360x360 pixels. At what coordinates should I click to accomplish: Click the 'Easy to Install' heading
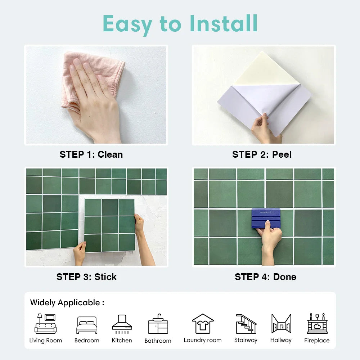(180, 24)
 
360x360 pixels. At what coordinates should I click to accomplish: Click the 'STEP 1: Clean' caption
(91, 154)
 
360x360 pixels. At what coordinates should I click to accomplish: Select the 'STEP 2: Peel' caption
(262, 154)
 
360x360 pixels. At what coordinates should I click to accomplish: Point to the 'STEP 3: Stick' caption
(86, 277)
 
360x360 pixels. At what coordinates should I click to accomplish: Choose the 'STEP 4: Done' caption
(265, 277)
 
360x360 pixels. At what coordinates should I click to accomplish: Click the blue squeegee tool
(266, 218)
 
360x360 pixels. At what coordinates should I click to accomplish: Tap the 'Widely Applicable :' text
(67, 302)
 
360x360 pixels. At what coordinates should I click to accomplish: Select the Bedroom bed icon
(87, 325)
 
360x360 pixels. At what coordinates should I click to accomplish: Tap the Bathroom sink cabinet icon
(158, 324)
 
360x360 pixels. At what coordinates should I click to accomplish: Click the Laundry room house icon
(203, 324)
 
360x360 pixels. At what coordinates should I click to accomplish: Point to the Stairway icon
(246, 324)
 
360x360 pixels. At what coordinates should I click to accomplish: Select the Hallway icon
(281, 324)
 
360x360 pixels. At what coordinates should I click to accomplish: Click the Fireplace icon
(317, 324)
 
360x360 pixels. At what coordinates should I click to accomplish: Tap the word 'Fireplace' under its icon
(317, 340)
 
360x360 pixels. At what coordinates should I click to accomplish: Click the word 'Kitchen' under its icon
(122, 340)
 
